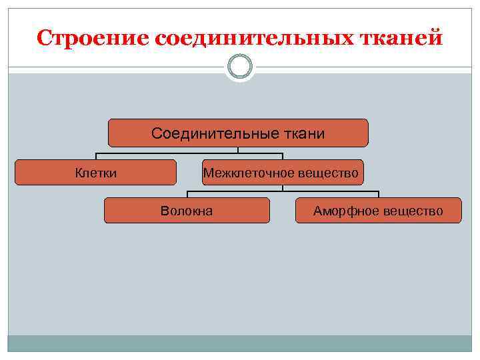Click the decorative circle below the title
click(x=239, y=67)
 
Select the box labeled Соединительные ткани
click(x=238, y=133)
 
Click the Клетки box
click(x=95, y=172)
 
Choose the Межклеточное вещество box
click(x=283, y=172)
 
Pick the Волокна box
click(x=187, y=210)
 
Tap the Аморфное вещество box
click(x=378, y=210)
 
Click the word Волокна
click(x=187, y=211)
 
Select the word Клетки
click(x=96, y=173)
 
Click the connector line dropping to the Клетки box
click(x=96, y=156)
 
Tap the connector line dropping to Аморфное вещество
click(x=378, y=194)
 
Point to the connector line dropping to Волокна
click(x=187, y=194)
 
